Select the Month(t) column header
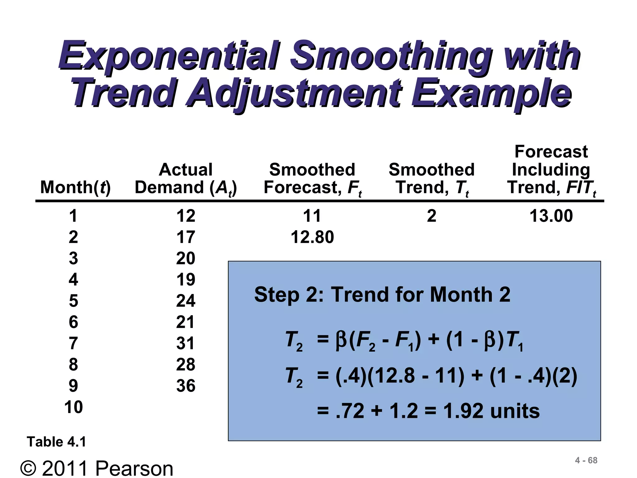coord(75,187)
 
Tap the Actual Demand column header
coord(186,179)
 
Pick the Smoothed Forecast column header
coord(312,179)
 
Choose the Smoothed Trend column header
coord(432,179)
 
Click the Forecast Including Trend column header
coord(551,170)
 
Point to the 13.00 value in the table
coord(551,216)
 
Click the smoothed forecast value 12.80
coord(312,237)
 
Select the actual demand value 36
coord(186,386)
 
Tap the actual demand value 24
coord(186,301)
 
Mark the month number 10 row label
coord(73,407)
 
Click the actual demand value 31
coord(186,343)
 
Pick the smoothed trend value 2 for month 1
coord(432,216)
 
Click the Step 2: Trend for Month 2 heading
coord(382,294)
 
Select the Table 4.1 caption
coord(56,442)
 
